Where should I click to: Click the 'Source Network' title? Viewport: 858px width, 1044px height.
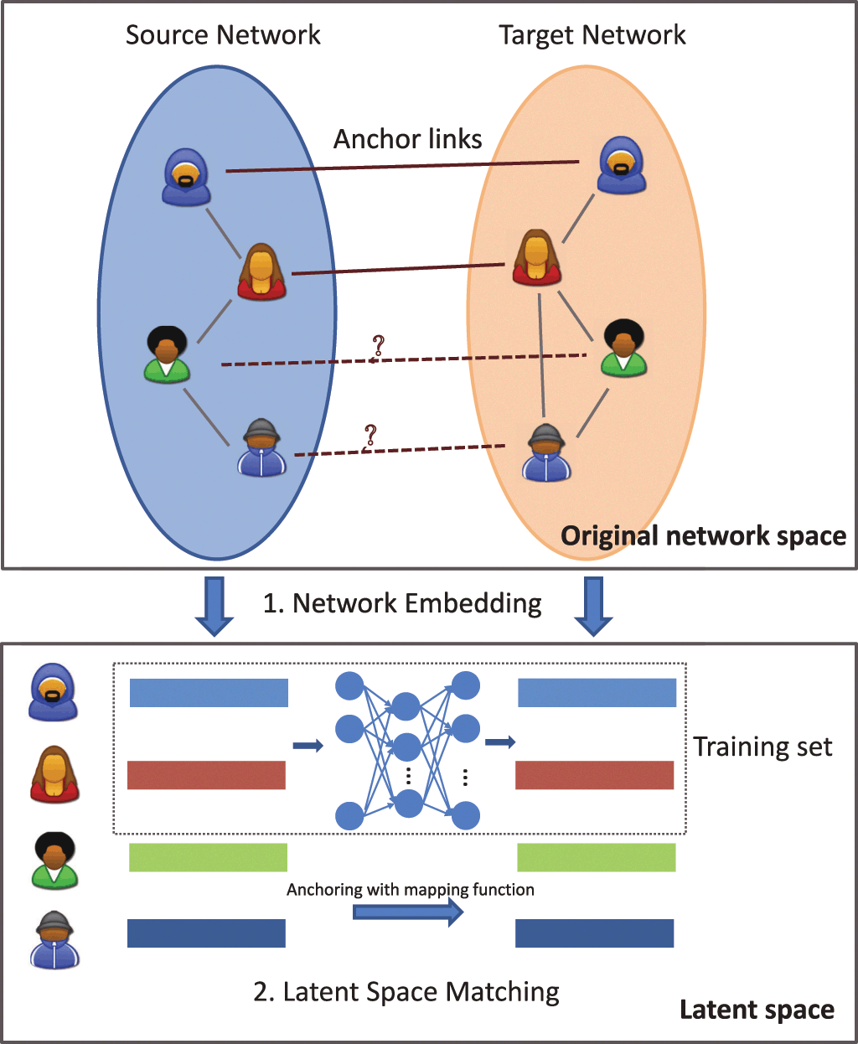[x=223, y=35]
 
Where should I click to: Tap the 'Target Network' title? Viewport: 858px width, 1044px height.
[x=592, y=35]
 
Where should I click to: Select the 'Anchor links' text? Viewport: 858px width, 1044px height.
[x=408, y=139]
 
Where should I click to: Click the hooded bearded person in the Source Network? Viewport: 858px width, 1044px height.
[x=186, y=177]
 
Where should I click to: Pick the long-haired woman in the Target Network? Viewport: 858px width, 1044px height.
[x=536, y=258]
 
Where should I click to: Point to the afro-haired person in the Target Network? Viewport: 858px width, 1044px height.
[x=623, y=348]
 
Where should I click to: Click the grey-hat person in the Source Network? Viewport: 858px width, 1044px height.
[x=262, y=448]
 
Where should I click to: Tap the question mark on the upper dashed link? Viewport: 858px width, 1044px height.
[x=378, y=345]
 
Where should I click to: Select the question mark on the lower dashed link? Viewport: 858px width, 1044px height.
[x=370, y=436]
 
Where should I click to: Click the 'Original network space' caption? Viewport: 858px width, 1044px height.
[x=703, y=536]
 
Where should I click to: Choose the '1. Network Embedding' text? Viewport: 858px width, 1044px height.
[x=402, y=603]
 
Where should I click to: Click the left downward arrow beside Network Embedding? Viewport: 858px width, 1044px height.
[x=214, y=605]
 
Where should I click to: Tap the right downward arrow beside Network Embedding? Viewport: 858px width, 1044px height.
[x=593, y=605]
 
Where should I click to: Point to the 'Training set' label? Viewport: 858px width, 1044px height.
[x=762, y=747]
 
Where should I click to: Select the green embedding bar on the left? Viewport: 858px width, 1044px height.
[x=208, y=857]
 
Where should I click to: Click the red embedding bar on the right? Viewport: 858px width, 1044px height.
[x=594, y=775]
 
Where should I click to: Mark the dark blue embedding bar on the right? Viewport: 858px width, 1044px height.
[x=594, y=933]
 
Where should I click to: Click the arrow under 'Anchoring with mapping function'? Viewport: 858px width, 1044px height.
[x=408, y=912]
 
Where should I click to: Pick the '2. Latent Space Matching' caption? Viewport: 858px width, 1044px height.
[x=406, y=992]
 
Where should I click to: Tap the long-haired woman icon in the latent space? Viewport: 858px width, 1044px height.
[x=54, y=776]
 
